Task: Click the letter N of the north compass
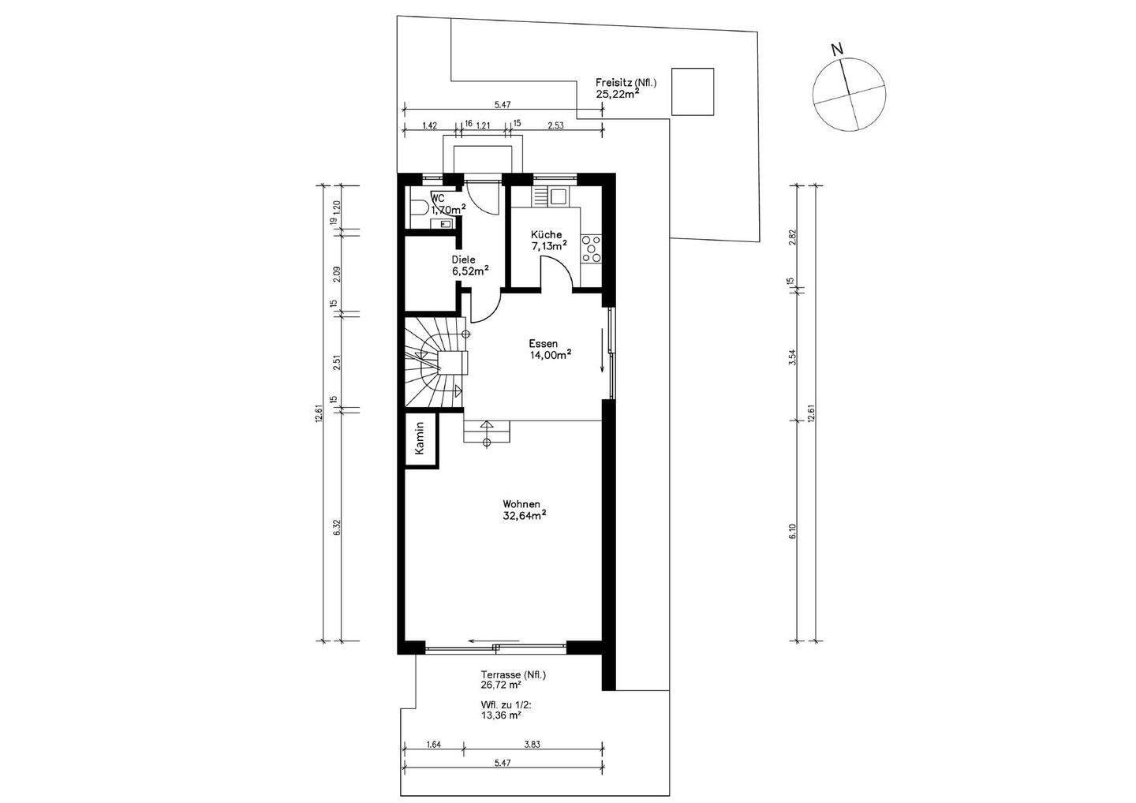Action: [837, 49]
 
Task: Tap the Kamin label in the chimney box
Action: [420, 439]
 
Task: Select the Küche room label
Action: [546, 235]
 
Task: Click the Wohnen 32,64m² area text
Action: [524, 510]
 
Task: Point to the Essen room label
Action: [543, 344]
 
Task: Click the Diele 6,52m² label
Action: [470, 265]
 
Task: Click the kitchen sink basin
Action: [558, 196]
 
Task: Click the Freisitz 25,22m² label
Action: [626, 88]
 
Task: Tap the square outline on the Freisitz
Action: [693, 92]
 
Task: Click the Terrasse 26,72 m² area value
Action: [502, 685]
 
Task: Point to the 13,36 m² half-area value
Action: [502, 715]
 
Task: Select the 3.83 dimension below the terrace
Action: [532, 745]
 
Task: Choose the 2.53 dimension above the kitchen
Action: [556, 125]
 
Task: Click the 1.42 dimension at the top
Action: [429, 125]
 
